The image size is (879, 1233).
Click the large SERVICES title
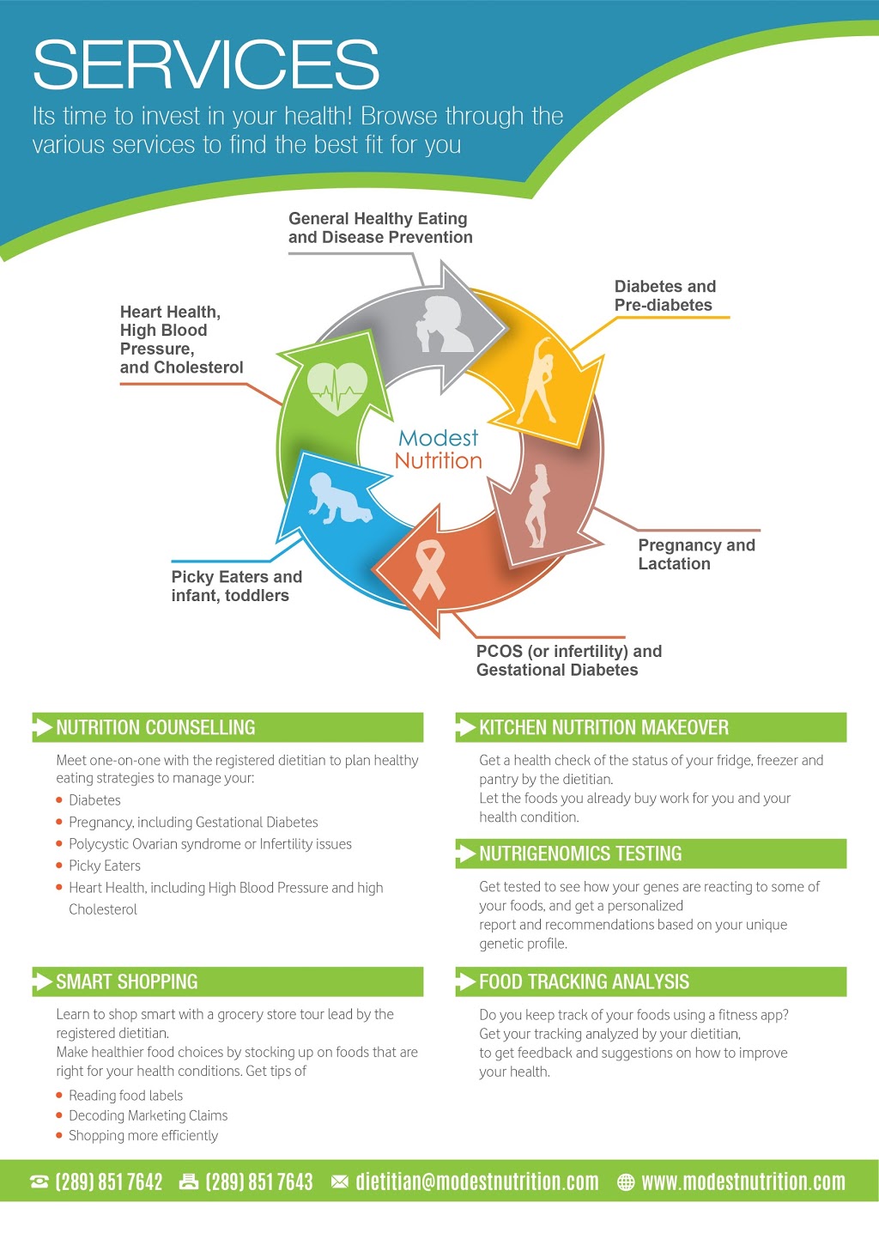[206, 64]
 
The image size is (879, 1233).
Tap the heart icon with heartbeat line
[336, 388]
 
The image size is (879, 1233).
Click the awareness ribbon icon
[428, 570]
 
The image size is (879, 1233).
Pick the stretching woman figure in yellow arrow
[536, 380]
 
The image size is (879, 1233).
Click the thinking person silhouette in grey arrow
[444, 325]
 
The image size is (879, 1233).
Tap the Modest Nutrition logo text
[439, 449]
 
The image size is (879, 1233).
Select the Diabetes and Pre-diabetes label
[665, 295]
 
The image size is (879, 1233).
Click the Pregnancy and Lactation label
[696, 555]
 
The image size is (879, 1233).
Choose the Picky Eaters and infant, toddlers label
[237, 586]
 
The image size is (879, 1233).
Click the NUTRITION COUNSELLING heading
[155, 727]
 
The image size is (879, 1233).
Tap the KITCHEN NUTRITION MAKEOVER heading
[603, 727]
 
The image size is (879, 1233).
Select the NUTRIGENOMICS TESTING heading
[580, 853]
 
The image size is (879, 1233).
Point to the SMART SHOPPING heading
[126, 981]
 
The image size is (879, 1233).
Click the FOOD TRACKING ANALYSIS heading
[584, 981]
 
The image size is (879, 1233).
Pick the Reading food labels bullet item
[125, 1095]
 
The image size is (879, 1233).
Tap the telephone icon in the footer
[39, 1181]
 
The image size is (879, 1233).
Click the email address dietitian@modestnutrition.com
[476, 1181]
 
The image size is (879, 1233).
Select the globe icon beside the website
[626, 1181]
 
